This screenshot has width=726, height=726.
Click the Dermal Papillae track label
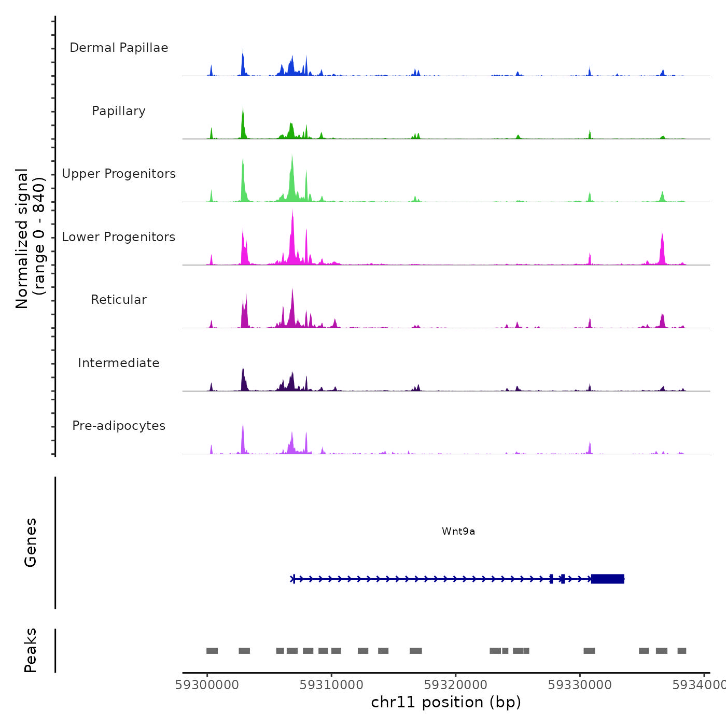pos(119,48)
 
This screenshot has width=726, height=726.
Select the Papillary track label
pos(119,111)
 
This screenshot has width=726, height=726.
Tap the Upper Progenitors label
pos(119,174)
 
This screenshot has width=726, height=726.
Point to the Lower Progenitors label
pos(119,237)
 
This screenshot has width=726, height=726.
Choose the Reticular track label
pos(119,300)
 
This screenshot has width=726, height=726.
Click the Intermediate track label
pos(119,363)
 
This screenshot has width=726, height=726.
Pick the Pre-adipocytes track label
pos(119,426)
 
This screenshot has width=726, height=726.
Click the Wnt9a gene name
pos(458,531)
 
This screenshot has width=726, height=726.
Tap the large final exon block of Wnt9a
pos(607,579)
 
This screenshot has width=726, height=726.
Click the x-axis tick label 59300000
pos(207,685)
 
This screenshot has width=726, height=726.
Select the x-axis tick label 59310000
pos(331,685)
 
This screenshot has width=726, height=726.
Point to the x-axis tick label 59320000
pos(456,685)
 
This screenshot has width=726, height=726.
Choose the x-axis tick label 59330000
pos(580,685)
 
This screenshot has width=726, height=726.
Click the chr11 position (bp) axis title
pos(446,702)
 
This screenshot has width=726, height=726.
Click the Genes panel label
pos(31,542)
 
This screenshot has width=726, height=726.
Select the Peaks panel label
pos(31,650)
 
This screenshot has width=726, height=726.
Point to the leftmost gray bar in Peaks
pos(212,651)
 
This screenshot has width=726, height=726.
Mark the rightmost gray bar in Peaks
pos(681,651)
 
